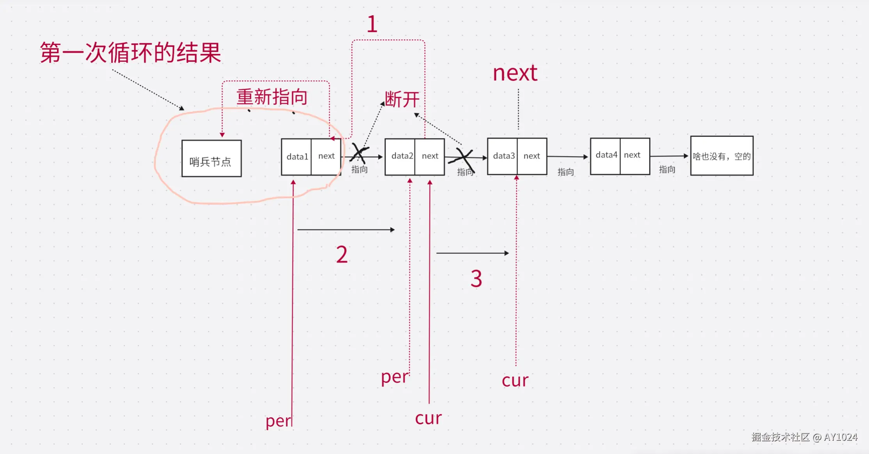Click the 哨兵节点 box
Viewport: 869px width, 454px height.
(211, 159)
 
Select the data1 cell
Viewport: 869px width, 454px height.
(297, 157)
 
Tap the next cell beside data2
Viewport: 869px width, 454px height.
(430, 156)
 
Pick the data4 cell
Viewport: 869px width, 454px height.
(606, 155)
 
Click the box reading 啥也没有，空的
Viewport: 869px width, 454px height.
(722, 156)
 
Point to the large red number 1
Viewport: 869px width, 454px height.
(372, 24)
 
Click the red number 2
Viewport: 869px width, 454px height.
(342, 255)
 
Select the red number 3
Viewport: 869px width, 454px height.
(476, 279)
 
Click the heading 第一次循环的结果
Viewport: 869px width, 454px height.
(131, 53)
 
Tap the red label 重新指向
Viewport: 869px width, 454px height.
(272, 97)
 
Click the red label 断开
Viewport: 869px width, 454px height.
(402, 99)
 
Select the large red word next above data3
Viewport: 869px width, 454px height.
(515, 73)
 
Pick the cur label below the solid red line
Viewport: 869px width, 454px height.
(428, 418)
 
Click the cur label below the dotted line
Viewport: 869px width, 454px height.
(515, 380)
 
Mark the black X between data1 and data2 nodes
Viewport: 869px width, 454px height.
(359, 153)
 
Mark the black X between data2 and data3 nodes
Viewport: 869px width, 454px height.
(463, 158)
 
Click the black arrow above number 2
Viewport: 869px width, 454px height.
(346, 230)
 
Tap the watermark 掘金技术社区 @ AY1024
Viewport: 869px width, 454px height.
(804, 437)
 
